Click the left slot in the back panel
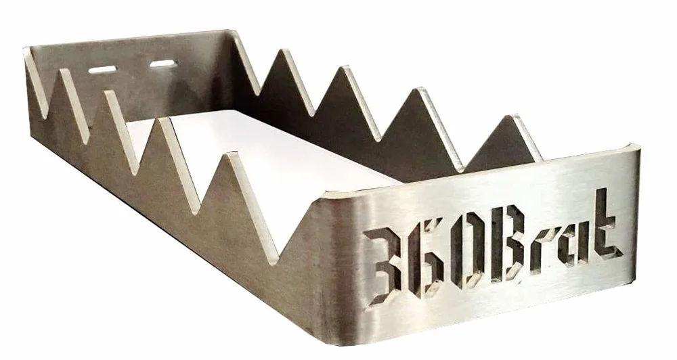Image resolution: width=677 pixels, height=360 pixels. (103, 70)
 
